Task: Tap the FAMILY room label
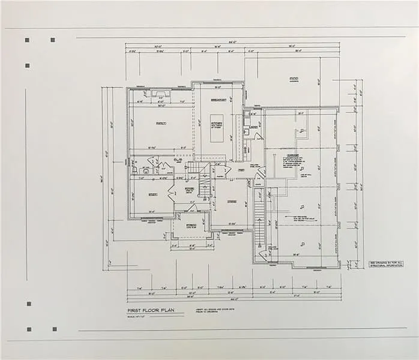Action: point(161,123)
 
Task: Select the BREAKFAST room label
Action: point(217,100)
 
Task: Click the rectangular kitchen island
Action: point(217,127)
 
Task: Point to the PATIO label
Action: point(294,79)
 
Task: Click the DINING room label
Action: point(232,202)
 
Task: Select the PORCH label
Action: point(191,226)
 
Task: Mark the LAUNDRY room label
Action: point(253,127)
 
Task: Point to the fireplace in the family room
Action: point(161,94)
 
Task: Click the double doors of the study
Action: point(172,193)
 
